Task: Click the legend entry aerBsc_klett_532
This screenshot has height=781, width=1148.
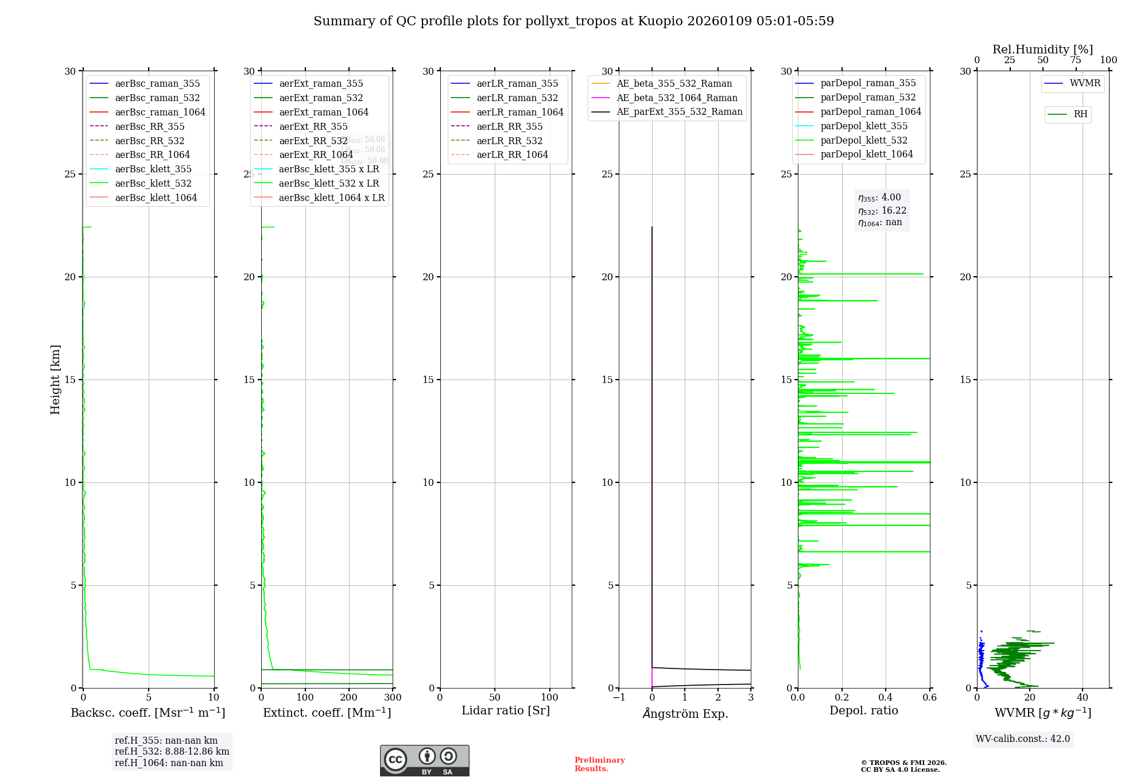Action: coord(153,184)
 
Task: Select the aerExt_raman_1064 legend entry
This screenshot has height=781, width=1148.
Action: coord(324,113)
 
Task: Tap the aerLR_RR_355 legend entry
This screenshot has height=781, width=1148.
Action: coord(509,127)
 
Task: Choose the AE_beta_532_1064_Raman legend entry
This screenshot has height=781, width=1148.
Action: coord(677,98)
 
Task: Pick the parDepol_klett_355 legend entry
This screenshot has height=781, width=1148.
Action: coord(864,126)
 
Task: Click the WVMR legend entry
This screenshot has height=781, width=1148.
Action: coord(1084,84)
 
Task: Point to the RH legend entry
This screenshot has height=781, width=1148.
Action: coord(1080,115)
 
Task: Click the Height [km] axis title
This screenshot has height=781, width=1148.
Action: coord(55,380)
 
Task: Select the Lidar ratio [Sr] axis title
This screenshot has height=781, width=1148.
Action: coord(506,711)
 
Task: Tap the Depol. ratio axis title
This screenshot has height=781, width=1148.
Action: coord(864,711)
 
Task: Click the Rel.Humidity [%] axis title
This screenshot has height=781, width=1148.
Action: coord(1042,50)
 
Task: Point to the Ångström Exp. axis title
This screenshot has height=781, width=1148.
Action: coord(685,714)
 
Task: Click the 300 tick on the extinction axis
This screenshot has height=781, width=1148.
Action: coord(393,698)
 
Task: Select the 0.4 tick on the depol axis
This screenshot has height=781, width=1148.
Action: coord(886,698)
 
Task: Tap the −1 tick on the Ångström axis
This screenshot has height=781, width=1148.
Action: coord(619,698)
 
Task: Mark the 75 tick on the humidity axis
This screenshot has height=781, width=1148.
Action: coord(1076,60)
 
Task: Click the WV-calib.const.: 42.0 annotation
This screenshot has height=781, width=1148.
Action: coord(1023,739)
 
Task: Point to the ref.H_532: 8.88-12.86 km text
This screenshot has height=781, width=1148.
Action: coord(172,752)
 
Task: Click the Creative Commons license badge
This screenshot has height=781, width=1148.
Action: coord(424,761)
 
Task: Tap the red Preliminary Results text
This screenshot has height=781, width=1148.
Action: coord(599,764)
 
